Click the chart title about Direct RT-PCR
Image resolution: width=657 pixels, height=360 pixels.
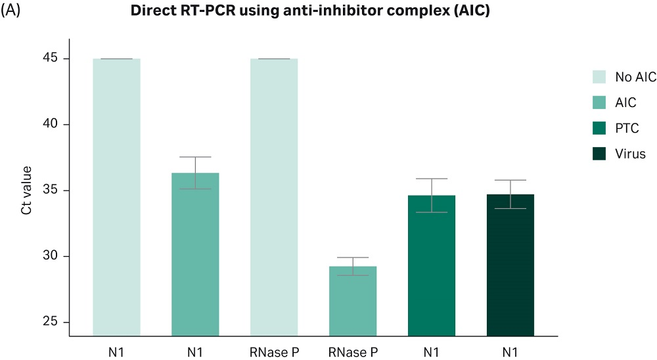pyautogui.click(x=309, y=12)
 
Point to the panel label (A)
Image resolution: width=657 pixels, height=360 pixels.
pyautogui.click(x=11, y=12)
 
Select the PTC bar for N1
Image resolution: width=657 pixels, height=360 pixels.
pyautogui.click(x=432, y=265)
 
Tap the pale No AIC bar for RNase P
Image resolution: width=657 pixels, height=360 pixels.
pyautogui.click(x=275, y=197)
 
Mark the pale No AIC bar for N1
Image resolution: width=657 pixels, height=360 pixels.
pyautogui.click(x=117, y=197)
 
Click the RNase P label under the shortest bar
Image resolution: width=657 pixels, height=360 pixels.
pyautogui.click(x=353, y=353)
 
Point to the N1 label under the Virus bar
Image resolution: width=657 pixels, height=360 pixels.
pyautogui.click(x=510, y=353)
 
